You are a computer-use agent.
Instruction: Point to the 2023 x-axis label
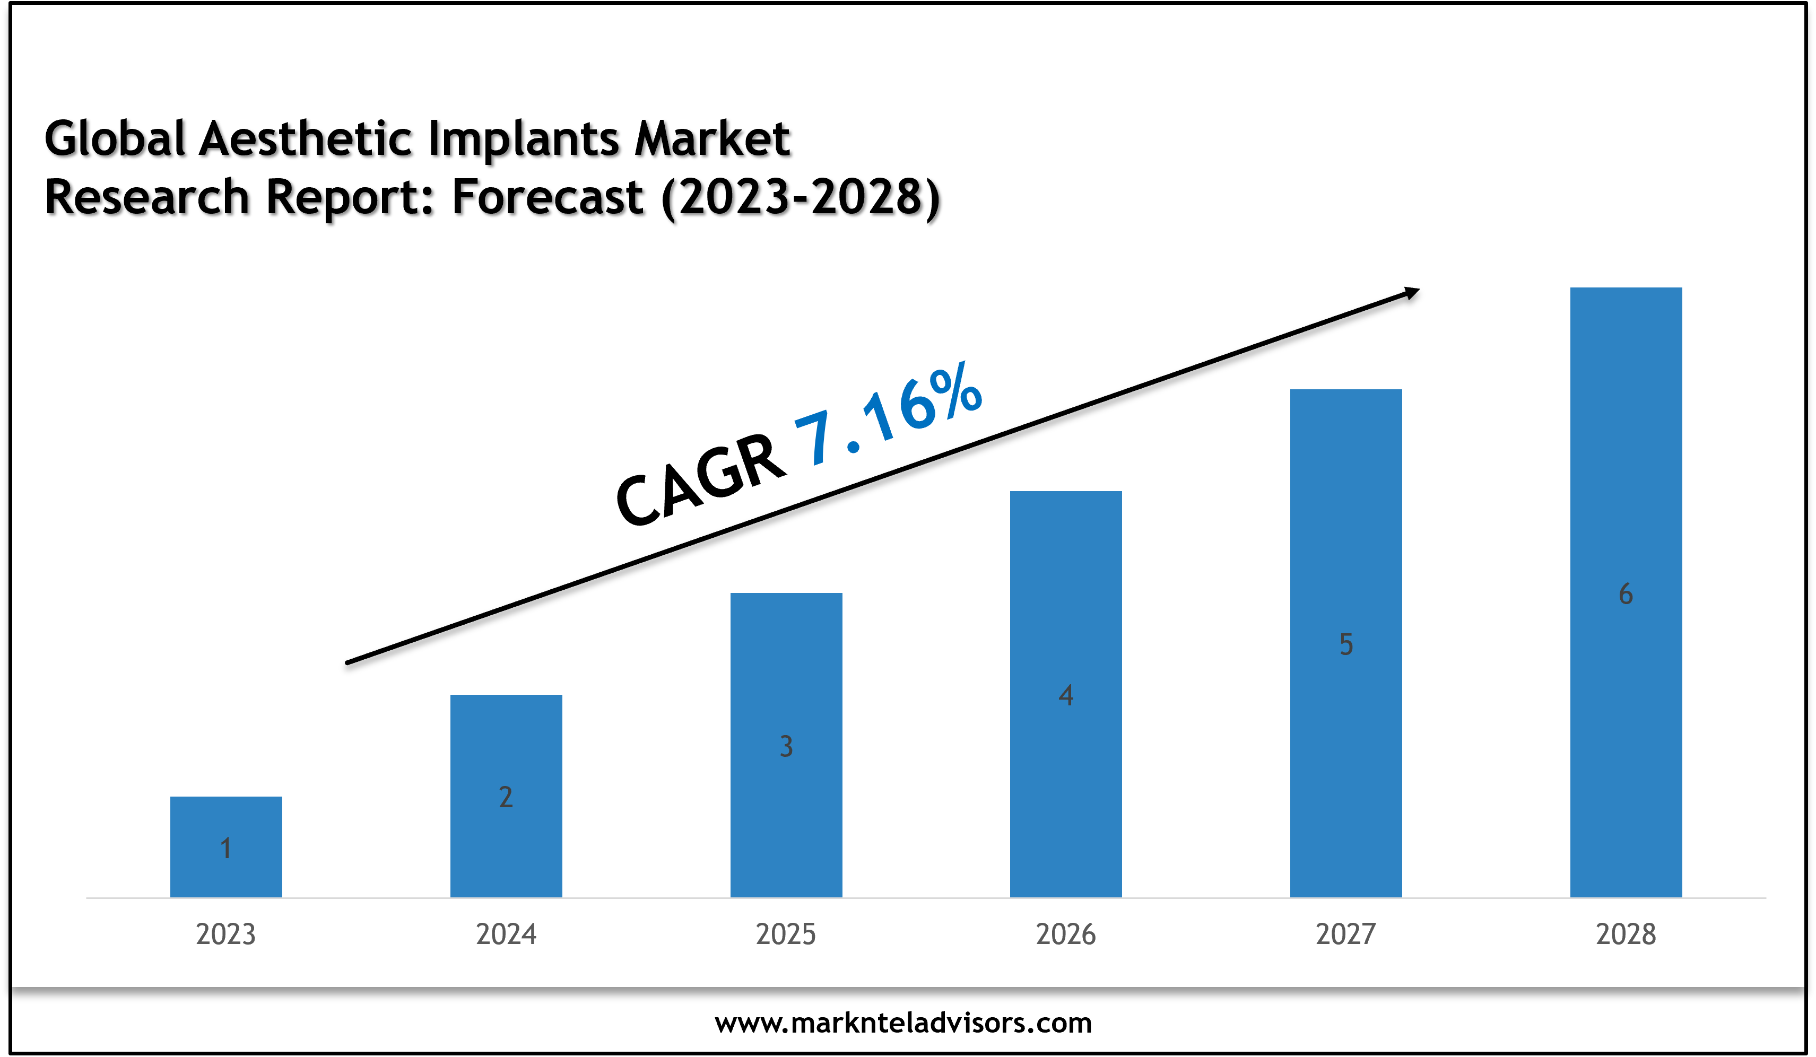point(225,934)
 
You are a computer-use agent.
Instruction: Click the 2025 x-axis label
point(786,934)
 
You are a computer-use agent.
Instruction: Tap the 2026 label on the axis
point(1066,934)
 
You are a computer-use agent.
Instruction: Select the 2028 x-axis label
point(1626,934)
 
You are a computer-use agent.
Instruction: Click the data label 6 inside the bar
point(1626,593)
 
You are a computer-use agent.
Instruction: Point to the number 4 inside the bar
point(1066,695)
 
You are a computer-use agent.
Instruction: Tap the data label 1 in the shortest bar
point(225,848)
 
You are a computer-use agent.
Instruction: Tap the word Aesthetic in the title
point(306,138)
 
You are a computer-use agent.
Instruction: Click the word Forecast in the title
point(547,197)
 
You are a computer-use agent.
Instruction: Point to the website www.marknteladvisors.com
point(903,1023)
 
